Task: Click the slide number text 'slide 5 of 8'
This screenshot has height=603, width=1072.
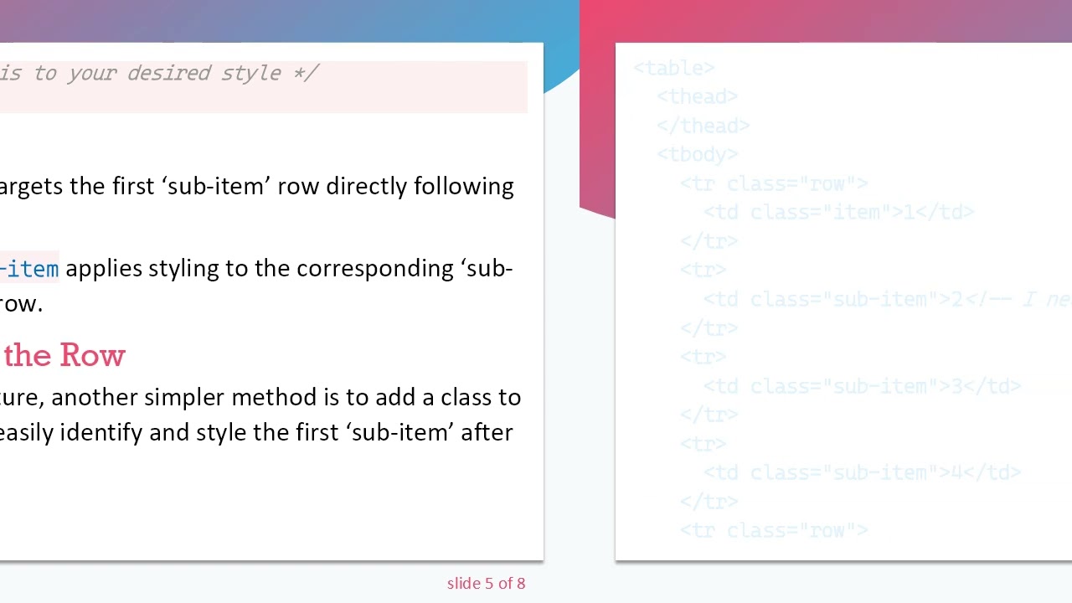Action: (486, 584)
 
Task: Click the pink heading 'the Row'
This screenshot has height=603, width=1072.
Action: (64, 355)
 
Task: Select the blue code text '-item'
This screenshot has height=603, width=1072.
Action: (30, 269)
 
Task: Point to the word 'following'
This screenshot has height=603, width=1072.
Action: (464, 186)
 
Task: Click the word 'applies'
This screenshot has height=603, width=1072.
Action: (104, 268)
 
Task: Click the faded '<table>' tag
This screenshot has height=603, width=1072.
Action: (673, 68)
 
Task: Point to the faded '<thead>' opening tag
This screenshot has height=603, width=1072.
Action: (697, 97)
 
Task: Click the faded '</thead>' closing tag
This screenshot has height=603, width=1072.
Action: (703, 126)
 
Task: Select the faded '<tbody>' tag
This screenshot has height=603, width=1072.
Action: (697, 155)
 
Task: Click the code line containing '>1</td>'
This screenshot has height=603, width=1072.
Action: (837, 213)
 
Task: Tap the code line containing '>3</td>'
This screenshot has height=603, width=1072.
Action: (862, 386)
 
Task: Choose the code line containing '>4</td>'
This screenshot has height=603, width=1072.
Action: (862, 473)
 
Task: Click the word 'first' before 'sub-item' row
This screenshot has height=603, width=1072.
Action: (134, 186)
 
